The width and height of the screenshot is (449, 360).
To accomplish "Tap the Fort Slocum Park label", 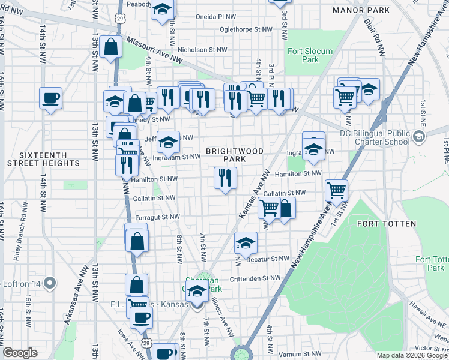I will tap(310, 55).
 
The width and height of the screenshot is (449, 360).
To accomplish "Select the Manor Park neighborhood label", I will tap(360, 10).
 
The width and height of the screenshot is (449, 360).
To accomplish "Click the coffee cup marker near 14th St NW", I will tap(51, 97).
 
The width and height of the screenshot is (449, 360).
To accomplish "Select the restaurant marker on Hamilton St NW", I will tap(226, 178).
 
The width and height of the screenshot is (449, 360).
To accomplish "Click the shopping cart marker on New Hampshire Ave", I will tap(336, 190).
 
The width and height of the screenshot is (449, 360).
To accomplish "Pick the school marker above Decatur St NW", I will tap(245, 242).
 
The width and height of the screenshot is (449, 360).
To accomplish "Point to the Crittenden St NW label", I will tap(255, 278).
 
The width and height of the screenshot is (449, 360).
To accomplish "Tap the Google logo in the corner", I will tap(20, 353).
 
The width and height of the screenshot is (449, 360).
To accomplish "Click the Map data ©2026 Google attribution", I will tap(411, 355).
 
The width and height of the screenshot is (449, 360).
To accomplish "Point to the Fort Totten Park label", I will tap(430, 263).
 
